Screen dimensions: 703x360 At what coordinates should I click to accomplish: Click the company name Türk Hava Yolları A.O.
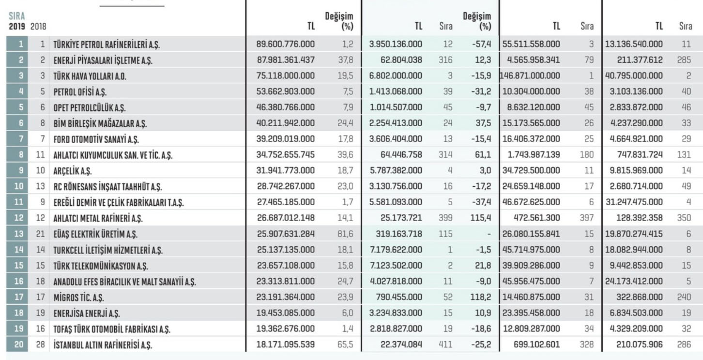coord(90,76)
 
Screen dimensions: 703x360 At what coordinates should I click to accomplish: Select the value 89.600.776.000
coord(285,44)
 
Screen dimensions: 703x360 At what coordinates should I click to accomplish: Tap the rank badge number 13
coord(18,234)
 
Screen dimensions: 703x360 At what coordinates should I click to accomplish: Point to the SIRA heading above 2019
coord(16,16)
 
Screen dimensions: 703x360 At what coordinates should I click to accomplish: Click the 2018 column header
coord(38,26)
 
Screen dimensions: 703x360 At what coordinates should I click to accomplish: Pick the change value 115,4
coord(480,218)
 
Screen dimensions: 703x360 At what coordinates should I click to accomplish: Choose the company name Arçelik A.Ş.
coord(73,171)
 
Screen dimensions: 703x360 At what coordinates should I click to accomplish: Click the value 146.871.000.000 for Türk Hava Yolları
coord(530,75)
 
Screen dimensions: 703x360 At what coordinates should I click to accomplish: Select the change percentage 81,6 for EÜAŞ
coord(345,234)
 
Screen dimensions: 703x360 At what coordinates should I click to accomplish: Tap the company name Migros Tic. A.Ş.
coord(78,297)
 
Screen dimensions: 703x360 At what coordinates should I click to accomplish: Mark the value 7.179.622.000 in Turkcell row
coord(396,250)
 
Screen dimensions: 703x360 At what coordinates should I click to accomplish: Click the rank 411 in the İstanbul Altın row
coord(445,345)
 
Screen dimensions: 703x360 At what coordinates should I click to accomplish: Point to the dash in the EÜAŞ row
coord(489,234)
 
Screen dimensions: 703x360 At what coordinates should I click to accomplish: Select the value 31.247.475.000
coord(634,202)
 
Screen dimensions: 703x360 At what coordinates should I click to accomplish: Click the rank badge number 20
coord(18,345)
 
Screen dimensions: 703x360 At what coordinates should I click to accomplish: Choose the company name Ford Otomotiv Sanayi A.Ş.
coord(96,139)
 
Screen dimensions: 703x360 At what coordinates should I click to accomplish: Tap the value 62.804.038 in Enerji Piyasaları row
coord(401,60)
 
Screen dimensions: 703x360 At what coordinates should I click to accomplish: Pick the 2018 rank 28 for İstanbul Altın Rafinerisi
coord(41,345)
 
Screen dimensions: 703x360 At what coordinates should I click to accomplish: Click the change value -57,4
coord(481,44)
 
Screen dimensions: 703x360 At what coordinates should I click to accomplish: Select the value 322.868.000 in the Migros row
coord(639,297)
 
